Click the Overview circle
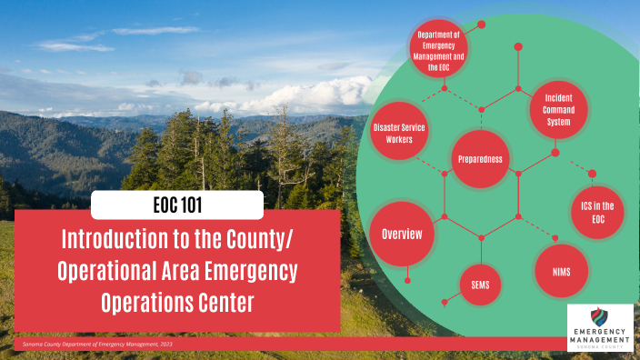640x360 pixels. tap(402, 235)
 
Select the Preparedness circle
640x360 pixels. tap(482, 159)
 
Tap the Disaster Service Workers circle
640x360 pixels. tap(399, 134)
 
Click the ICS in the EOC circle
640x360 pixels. tap(596, 212)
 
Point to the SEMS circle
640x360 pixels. tap(481, 285)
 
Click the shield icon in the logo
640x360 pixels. tap(601, 317)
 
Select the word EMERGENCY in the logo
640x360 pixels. tap(600, 331)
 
